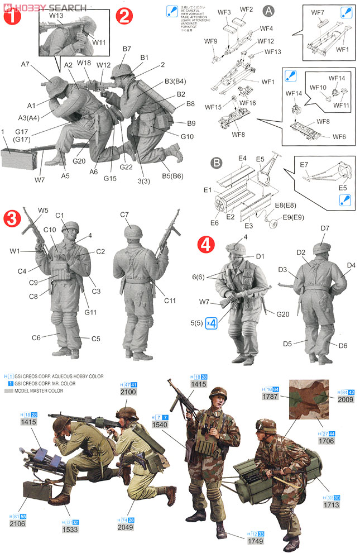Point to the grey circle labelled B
point(216,164)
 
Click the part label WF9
point(211,41)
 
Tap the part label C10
point(50,230)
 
